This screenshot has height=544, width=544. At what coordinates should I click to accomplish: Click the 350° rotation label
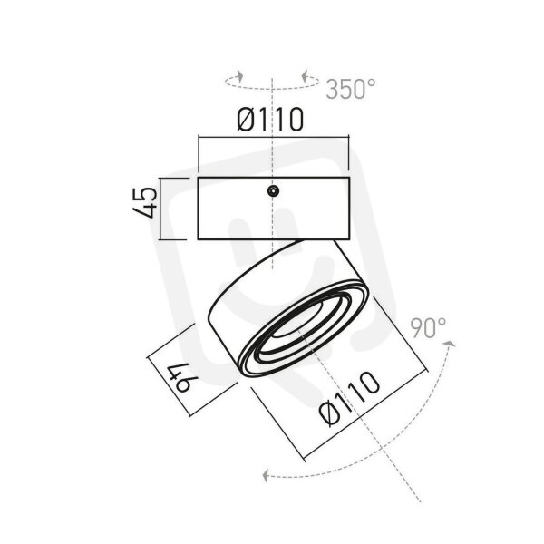[351, 89]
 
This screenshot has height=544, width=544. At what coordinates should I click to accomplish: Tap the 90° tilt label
[428, 328]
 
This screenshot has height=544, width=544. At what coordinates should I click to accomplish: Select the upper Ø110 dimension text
[270, 120]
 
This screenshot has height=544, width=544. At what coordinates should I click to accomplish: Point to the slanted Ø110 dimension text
[349, 398]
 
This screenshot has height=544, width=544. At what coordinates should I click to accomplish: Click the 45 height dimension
[145, 202]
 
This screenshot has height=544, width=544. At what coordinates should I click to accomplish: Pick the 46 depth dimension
[182, 377]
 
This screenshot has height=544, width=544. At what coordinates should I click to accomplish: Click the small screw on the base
[274, 190]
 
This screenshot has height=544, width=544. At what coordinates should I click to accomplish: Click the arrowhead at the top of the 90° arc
[450, 344]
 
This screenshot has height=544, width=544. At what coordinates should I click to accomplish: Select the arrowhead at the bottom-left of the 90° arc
[266, 474]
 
